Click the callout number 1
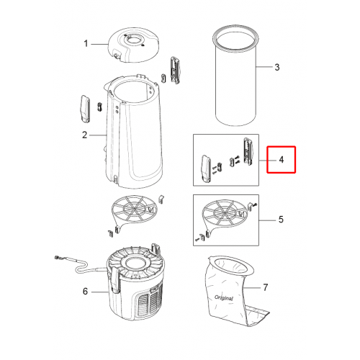click(86, 44)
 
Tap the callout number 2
click(84, 135)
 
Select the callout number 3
click(277, 67)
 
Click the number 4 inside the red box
click(282, 160)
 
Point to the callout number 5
click(281, 220)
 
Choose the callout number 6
click(85, 292)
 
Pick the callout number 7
click(265, 287)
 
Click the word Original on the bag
click(224, 298)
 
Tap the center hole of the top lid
click(134, 41)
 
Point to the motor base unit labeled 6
click(135, 283)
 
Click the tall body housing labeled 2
click(133, 132)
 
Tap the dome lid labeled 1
click(133, 45)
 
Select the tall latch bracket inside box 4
click(248, 151)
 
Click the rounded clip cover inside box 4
click(206, 169)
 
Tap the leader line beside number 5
click(267, 220)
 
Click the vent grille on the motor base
click(149, 300)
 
